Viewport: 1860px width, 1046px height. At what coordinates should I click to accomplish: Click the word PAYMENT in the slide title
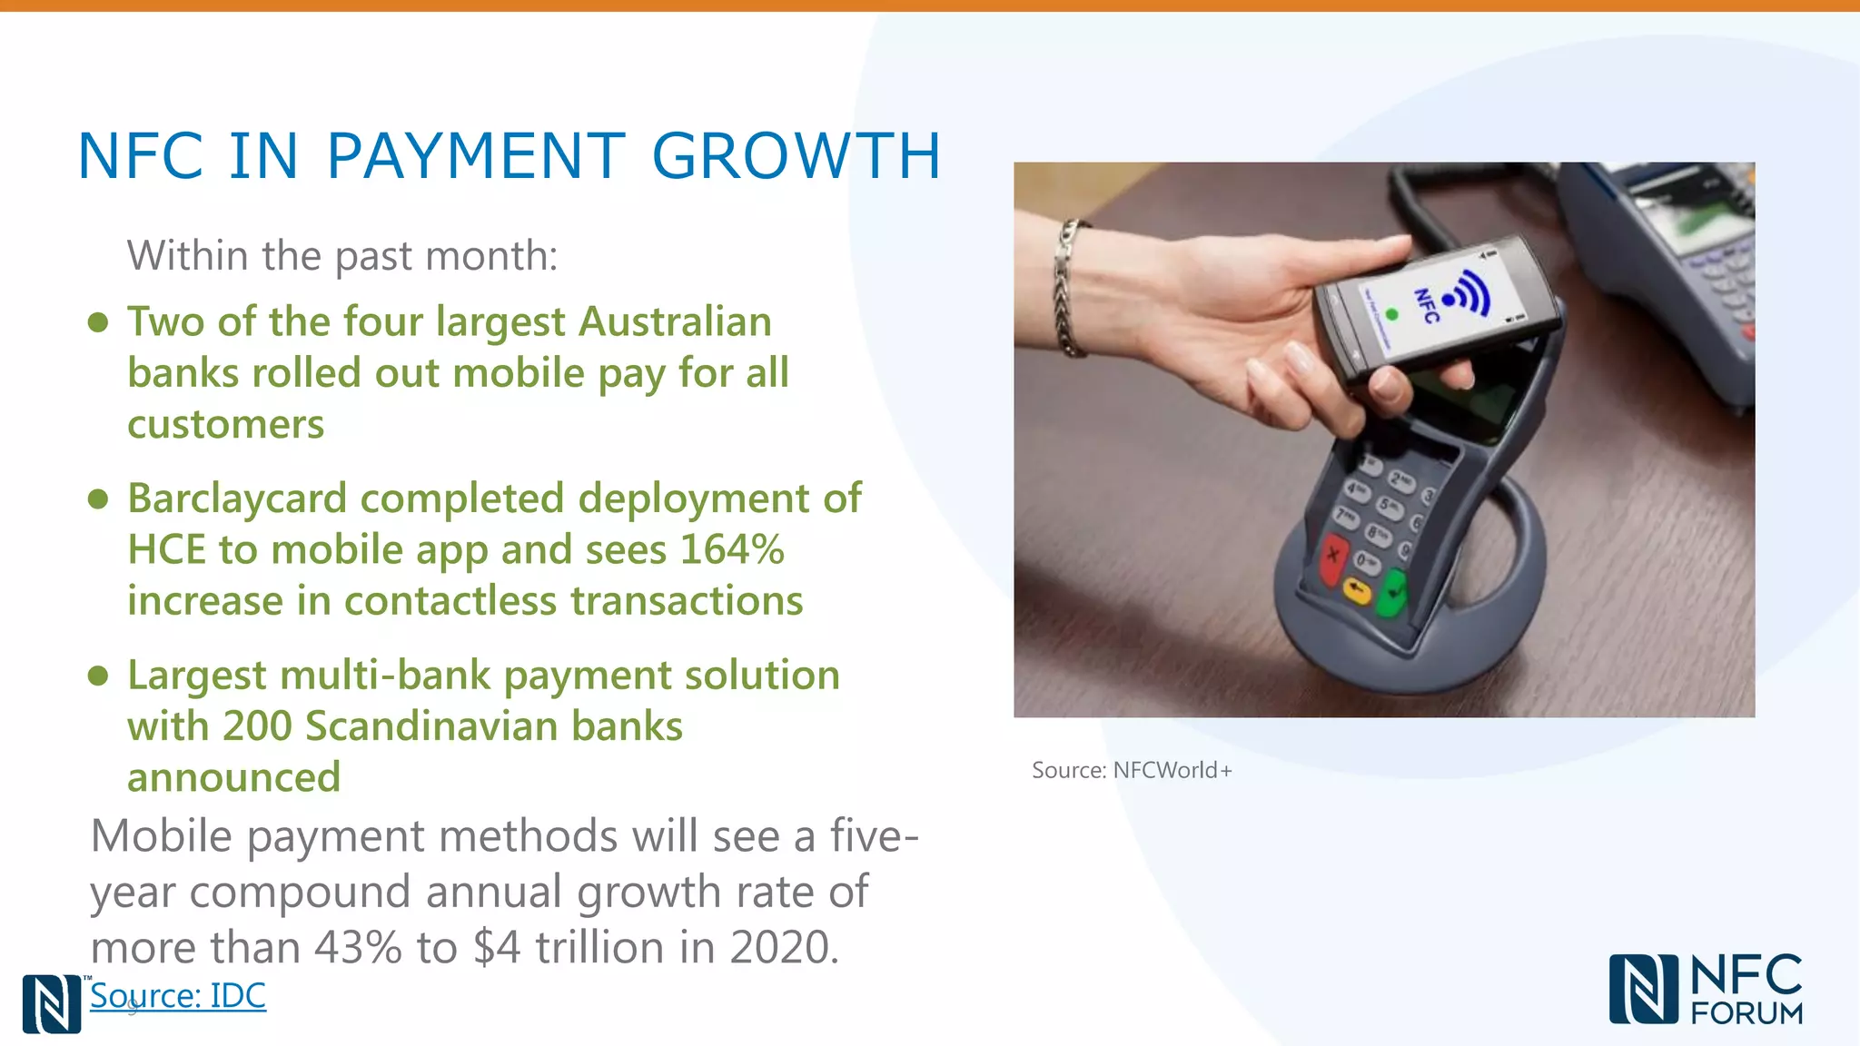tap(475, 156)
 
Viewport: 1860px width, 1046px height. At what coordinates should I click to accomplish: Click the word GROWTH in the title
tap(796, 156)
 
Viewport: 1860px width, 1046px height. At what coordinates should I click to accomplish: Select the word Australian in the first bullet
tap(675, 321)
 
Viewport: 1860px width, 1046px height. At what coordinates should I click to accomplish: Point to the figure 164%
tap(732, 549)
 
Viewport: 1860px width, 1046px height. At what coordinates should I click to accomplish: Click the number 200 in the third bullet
tap(257, 726)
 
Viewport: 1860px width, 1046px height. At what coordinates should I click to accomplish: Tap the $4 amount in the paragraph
tap(497, 947)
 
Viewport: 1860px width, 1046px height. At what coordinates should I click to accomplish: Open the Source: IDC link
tap(178, 996)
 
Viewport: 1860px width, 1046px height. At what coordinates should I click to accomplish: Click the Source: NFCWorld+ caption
tap(1132, 770)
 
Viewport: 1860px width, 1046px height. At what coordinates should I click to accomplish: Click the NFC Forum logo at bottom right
tap(1706, 989)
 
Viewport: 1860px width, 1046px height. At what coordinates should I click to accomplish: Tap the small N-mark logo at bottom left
tap(52, 1003)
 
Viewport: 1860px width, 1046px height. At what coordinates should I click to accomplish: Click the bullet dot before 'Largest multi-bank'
tap(98, 676)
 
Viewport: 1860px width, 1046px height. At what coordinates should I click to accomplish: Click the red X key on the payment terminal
tap(1332, 555)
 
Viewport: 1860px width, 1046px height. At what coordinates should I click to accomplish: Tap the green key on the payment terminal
tap(1390, 593)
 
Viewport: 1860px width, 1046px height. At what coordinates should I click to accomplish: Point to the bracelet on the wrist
tap(1069, 287)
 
